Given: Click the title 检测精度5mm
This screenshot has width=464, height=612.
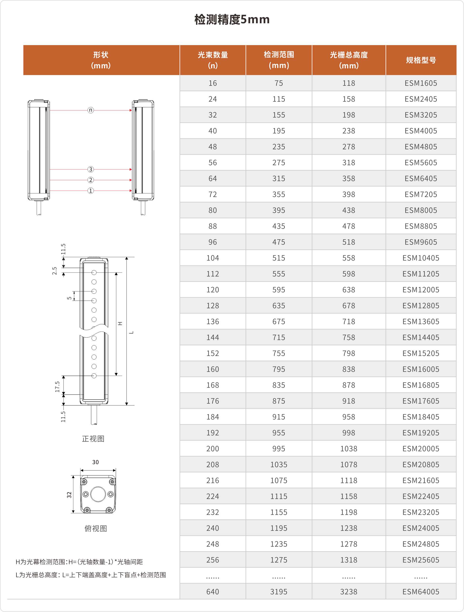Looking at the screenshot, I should [232, 20].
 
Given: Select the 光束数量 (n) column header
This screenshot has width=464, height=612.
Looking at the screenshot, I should [213, 60].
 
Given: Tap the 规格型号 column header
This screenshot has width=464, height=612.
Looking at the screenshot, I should [421, 60].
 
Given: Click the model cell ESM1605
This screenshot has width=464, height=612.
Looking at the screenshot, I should [421, 83].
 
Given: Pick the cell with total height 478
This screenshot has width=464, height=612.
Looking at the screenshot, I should [348, 226].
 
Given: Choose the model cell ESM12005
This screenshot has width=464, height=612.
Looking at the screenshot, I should [421, 290].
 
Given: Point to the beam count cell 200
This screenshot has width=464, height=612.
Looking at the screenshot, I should [213, 448].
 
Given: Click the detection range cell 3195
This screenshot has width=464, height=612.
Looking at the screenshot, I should [279, 592].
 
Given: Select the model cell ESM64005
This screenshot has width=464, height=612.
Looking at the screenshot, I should [421, 592].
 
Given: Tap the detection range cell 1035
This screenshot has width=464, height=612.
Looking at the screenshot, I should [279, 465].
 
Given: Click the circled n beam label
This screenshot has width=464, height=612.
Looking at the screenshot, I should [91, 110].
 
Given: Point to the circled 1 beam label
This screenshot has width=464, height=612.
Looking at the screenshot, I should [91, 191].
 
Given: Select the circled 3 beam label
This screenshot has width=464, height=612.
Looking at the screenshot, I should [91, 169].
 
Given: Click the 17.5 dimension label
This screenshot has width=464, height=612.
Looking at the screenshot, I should [57, 386].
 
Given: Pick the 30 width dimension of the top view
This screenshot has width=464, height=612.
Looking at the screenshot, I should [96, 462].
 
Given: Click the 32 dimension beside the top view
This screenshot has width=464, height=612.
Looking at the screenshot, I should [69, 495].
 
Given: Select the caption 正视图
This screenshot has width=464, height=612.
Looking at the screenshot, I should [93, 439].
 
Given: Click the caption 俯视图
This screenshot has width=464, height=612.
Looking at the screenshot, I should [96, 528].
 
